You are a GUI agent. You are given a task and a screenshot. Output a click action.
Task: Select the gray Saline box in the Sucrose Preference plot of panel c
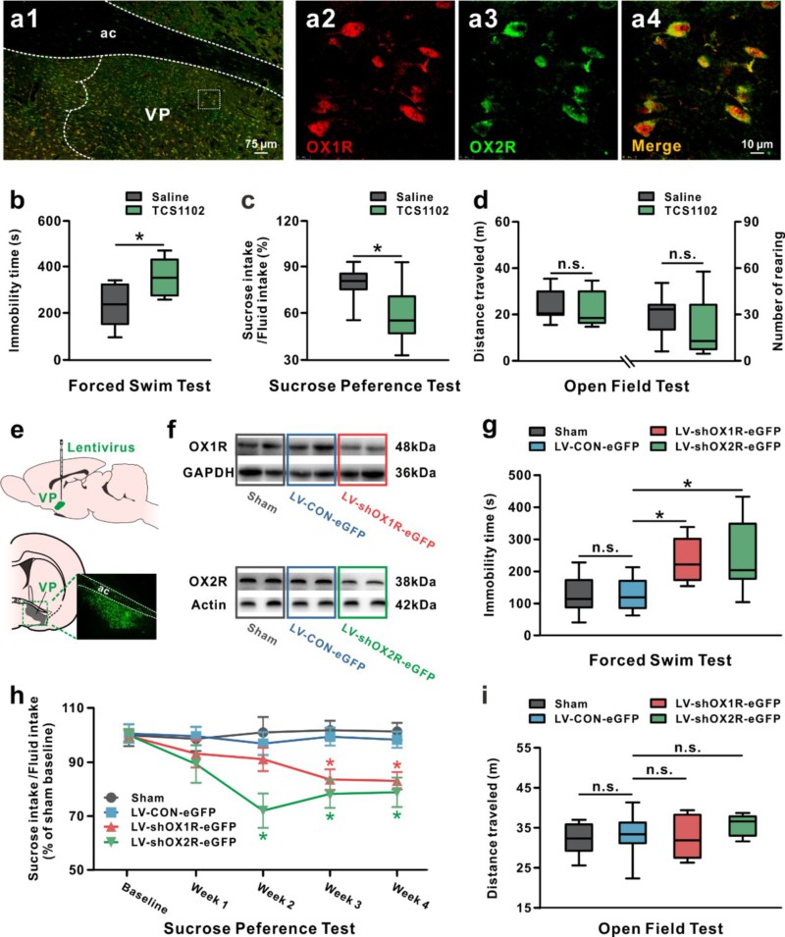[352, 282]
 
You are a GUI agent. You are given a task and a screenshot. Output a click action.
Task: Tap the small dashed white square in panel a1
[208, 99]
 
